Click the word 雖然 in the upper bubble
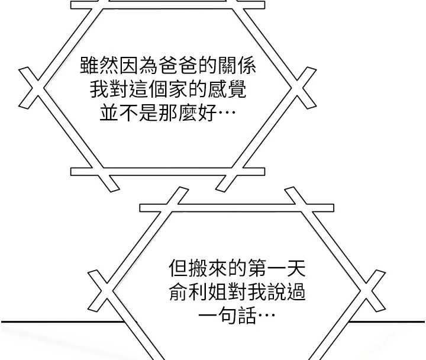99,65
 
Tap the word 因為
139,65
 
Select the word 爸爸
179,65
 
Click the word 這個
149,89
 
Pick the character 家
178,89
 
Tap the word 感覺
227,89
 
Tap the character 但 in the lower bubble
178,268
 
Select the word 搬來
208,268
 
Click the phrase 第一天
276,268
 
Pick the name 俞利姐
198,292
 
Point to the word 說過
286,292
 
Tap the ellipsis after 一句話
266,316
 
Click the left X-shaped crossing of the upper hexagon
32,88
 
